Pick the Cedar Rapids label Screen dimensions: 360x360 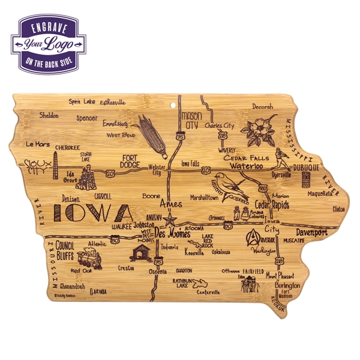[x=273, y=204]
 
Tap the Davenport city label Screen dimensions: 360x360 [x=311, y=232]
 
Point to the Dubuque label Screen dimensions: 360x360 [x=306, y=161]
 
